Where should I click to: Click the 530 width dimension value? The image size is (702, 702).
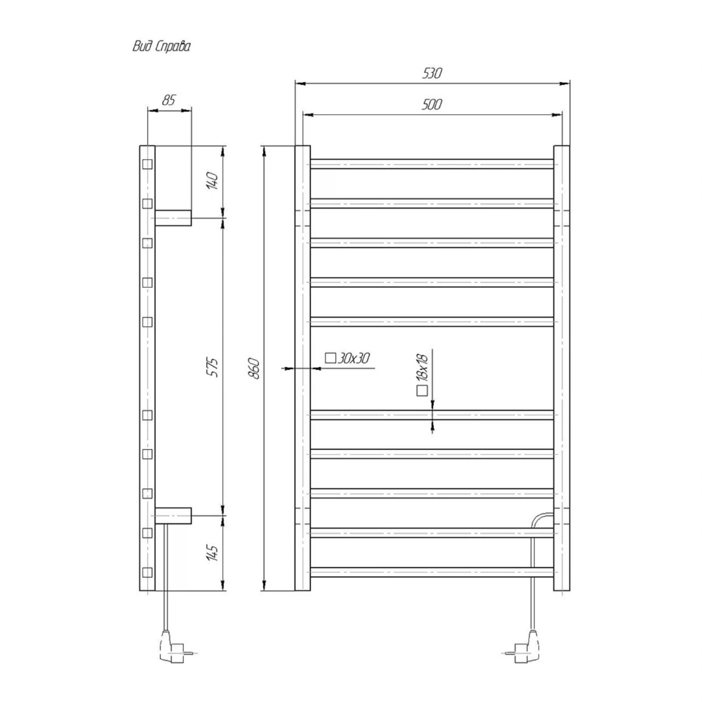click(432, 73)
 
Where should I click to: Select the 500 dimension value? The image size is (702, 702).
click(431, 104)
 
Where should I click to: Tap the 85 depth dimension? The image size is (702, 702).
click(168, 100)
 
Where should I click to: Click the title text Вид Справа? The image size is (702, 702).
click(161, 46)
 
